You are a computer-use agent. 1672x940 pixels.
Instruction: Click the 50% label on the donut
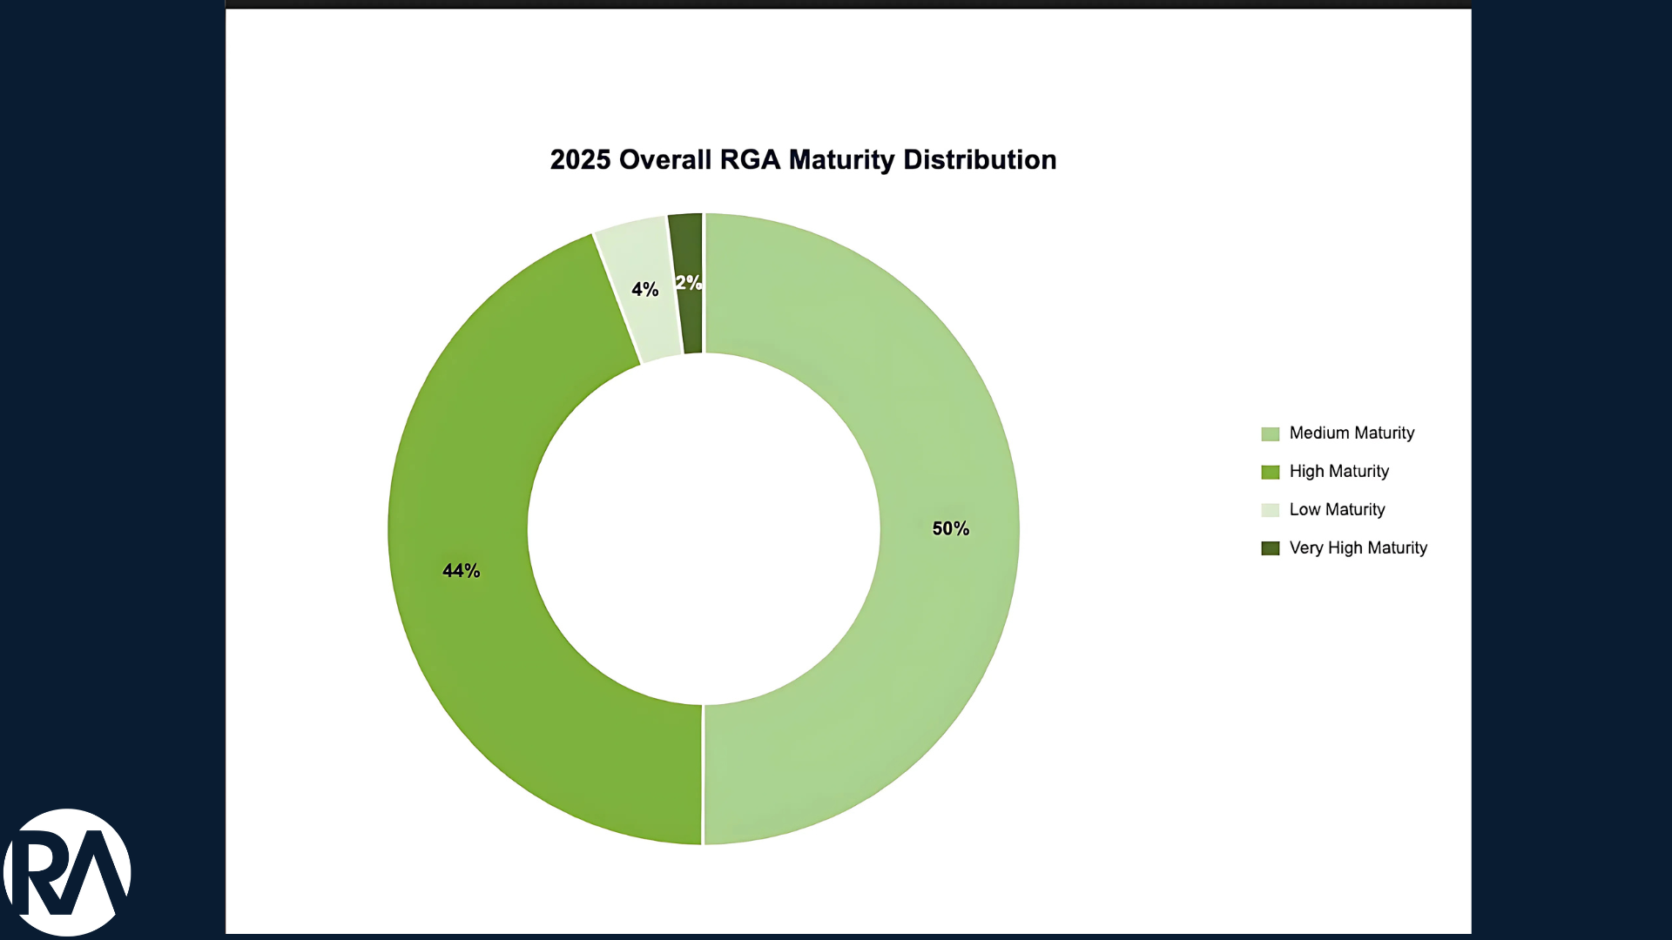click(x=950, y=528)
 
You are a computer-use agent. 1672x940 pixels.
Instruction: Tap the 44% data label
click(x=461, y=571)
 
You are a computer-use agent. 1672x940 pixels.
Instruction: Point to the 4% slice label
click(x=644, y=289)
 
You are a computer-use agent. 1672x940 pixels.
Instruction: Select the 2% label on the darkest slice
click(x=688, y=282)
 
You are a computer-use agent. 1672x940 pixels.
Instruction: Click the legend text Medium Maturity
click(x=1352, y=433)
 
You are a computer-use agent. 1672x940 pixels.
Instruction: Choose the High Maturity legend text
click(x=1338, y=471)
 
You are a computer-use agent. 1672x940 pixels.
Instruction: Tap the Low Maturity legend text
click(x=1337, y=509)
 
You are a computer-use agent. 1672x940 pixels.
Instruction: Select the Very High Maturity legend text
click(x=1358, y=547)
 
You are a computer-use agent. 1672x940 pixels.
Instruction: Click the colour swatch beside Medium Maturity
click(x=1270, y=433)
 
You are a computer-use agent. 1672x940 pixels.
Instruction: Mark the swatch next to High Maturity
click(x=1270, y=472)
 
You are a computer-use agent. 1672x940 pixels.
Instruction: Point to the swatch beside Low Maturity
click(x=1270, y=510)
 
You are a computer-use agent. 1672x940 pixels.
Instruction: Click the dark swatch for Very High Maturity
click(x=1270, y=548)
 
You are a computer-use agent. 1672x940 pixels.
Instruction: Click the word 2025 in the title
click(x=580, y=160)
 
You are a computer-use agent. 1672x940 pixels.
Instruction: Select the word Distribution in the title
click(x=980, y=160)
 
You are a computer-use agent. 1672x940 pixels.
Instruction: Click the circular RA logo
click(x=67, y=872)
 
